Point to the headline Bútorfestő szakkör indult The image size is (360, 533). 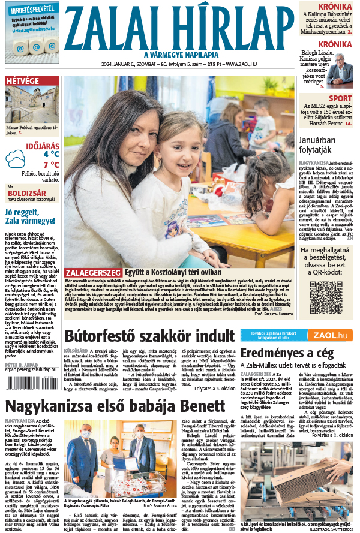click(x=149, y=336)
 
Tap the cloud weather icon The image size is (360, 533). click(x=16, y=159)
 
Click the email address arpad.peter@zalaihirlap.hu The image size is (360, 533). click(x=30, y=371)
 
